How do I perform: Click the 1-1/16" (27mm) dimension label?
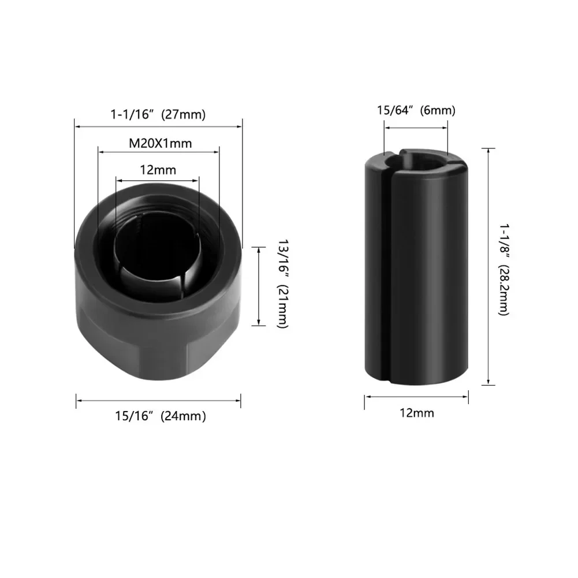pos(158,114)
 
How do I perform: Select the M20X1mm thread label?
pos(159,143)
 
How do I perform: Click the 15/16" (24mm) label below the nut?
pos(159,416)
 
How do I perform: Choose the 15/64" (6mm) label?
pos(416,110)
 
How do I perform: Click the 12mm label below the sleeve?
pos(416,413)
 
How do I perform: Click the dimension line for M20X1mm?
pos(159,152)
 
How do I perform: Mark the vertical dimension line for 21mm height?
pos(258,285)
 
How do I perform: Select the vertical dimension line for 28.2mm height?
pos(489,266)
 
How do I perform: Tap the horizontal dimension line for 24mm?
pos(159,400)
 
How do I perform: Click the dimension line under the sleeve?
pos(416,396)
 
